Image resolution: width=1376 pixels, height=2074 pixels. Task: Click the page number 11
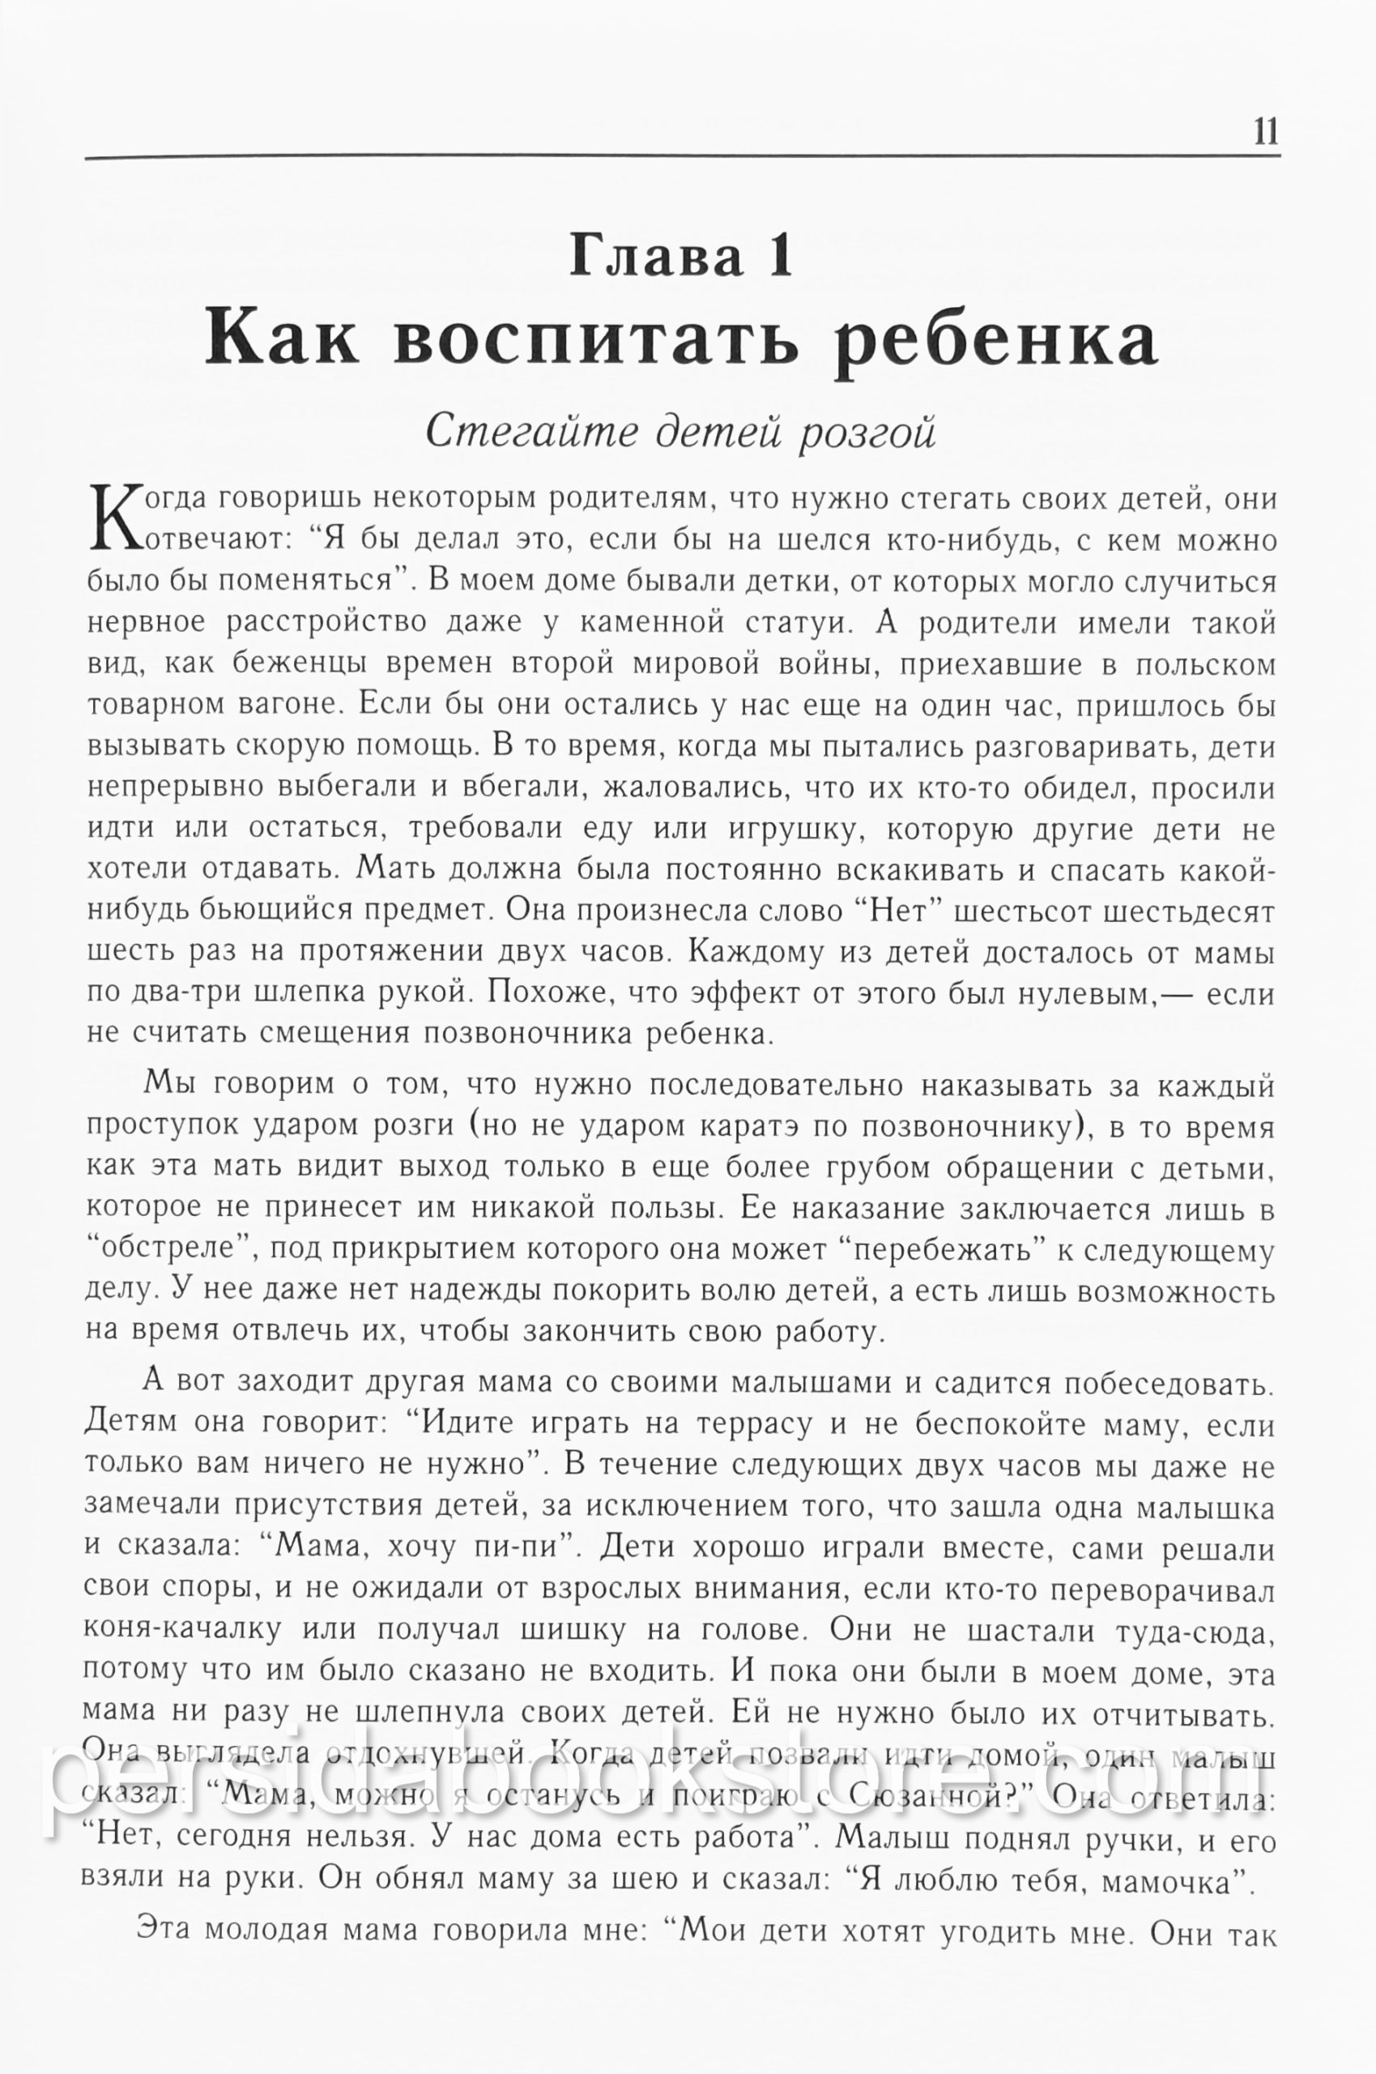(1265, 133)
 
